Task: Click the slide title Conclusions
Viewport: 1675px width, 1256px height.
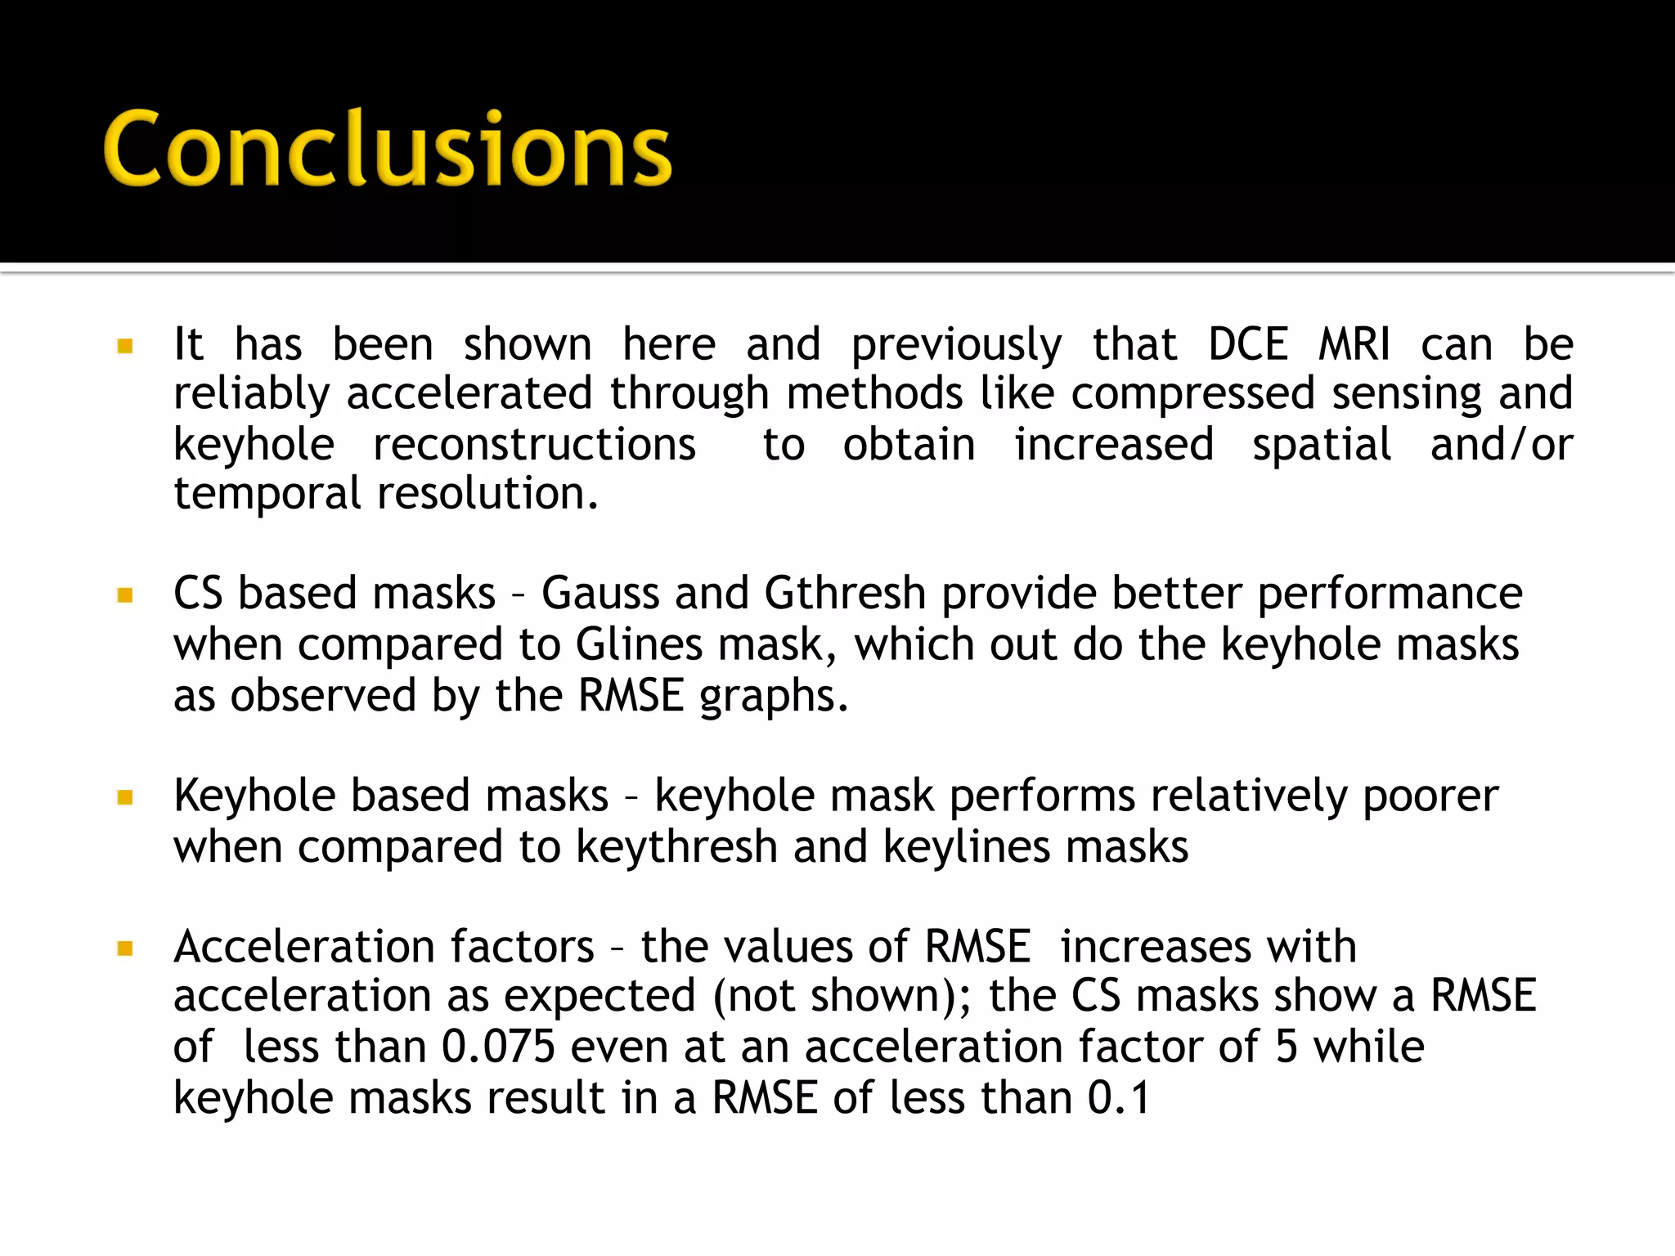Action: pos(387,149)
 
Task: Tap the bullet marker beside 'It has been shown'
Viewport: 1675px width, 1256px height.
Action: pos(125,346)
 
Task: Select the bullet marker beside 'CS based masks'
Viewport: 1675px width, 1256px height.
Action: pos(125,594)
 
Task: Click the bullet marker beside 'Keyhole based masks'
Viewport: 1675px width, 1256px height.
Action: pos(125,797)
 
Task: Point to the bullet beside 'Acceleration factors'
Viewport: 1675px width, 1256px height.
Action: pos(125,949)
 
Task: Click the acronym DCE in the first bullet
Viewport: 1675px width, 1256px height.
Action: pos(1248,344)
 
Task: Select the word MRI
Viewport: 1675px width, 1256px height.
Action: pos(1354,344)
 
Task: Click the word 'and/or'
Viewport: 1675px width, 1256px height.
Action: pos(1502,445)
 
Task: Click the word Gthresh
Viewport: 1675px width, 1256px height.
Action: pos(844,593)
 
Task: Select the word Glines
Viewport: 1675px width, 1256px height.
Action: pos(639,644)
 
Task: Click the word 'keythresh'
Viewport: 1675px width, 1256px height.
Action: pos(676,847)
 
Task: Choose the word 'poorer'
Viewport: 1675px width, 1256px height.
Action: pos(1430,796)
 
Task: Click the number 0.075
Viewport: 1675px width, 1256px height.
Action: pos(498,1047)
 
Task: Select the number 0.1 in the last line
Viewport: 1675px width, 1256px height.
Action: pos(1118,1098)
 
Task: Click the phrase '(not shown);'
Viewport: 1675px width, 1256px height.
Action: pos(842,997)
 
